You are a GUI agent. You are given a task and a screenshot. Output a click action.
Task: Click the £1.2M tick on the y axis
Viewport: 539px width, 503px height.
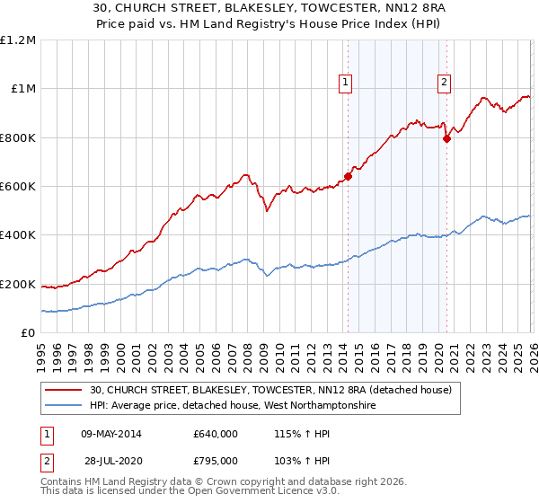coord(18,40)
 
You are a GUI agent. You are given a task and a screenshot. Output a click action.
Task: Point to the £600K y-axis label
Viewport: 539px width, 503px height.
coord(18,187)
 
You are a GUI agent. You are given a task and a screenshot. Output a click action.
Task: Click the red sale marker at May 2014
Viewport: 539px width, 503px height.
coord(348,176)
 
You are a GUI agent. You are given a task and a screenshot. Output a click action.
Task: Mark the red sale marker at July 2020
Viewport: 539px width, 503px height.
coord(446,138)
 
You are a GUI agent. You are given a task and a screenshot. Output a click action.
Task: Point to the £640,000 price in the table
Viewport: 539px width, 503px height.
coord(215,434)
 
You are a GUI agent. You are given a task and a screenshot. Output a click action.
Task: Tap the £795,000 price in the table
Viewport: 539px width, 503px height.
coord(215,461)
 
